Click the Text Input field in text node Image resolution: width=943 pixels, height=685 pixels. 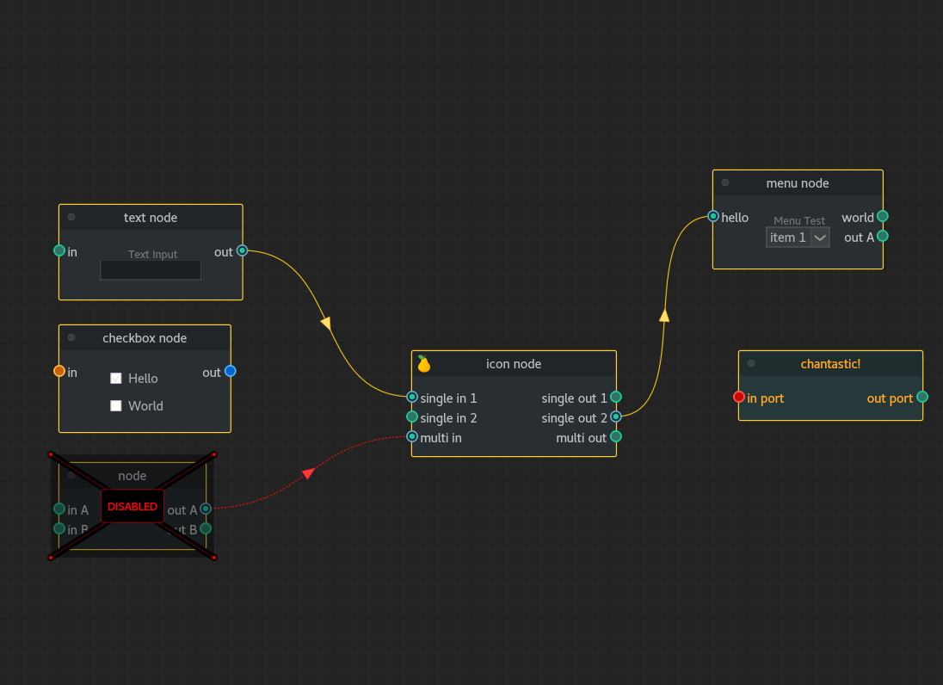[x=151, y=270]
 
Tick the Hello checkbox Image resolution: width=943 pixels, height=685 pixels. [x=116, y=378]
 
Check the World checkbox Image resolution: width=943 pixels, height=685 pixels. [x=116, y=405]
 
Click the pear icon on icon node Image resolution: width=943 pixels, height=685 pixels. [x=423, y=364]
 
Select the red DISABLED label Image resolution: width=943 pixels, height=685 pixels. [x=133, y=506]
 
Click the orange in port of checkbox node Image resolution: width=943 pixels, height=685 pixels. [x=59, y=371]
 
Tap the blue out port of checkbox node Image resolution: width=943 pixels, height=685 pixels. [x=230, y=371]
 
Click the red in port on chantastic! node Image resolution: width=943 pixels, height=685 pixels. [x=739, y=397]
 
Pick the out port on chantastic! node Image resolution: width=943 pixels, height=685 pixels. [x=922, y=397]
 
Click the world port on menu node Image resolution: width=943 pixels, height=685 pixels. [x=882, y=216]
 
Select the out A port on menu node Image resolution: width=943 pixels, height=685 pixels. [x=882, y=236]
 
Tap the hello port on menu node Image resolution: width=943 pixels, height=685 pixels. [x=713, y=216]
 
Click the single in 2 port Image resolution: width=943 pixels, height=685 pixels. [x=412, y=417]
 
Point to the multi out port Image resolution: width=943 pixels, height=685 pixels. [x=615, y=436]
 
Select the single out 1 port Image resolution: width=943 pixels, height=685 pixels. [x=615, y=397]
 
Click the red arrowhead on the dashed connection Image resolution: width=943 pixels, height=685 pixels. [x=308, y=472]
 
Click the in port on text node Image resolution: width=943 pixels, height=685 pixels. [x=59, y=250]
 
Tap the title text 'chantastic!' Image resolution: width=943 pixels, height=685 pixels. [x=830, y=364]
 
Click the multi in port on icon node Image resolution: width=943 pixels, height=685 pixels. [x=412, y=436]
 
